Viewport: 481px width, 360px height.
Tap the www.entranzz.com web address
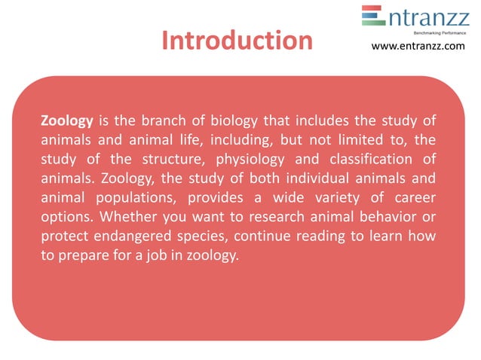pos(418,47)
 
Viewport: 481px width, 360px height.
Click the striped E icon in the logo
pos(372,17)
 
